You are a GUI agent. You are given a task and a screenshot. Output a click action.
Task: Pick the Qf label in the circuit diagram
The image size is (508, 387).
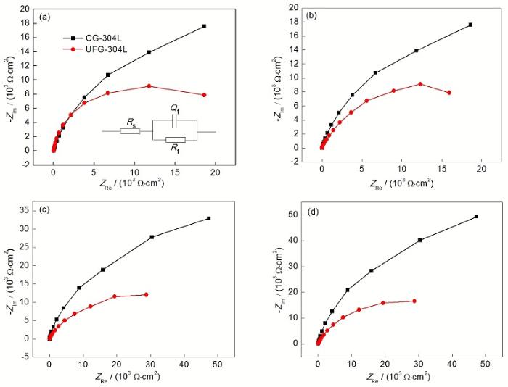pos(175,107)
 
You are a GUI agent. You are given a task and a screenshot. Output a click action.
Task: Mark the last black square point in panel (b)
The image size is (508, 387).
pos(470,25)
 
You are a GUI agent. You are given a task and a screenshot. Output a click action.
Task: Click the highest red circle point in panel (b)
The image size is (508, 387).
pos(420,84)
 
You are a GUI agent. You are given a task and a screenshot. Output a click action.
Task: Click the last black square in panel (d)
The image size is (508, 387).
pos(476,217)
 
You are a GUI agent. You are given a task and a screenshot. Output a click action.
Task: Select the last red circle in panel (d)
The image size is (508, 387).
pos(414,301)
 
